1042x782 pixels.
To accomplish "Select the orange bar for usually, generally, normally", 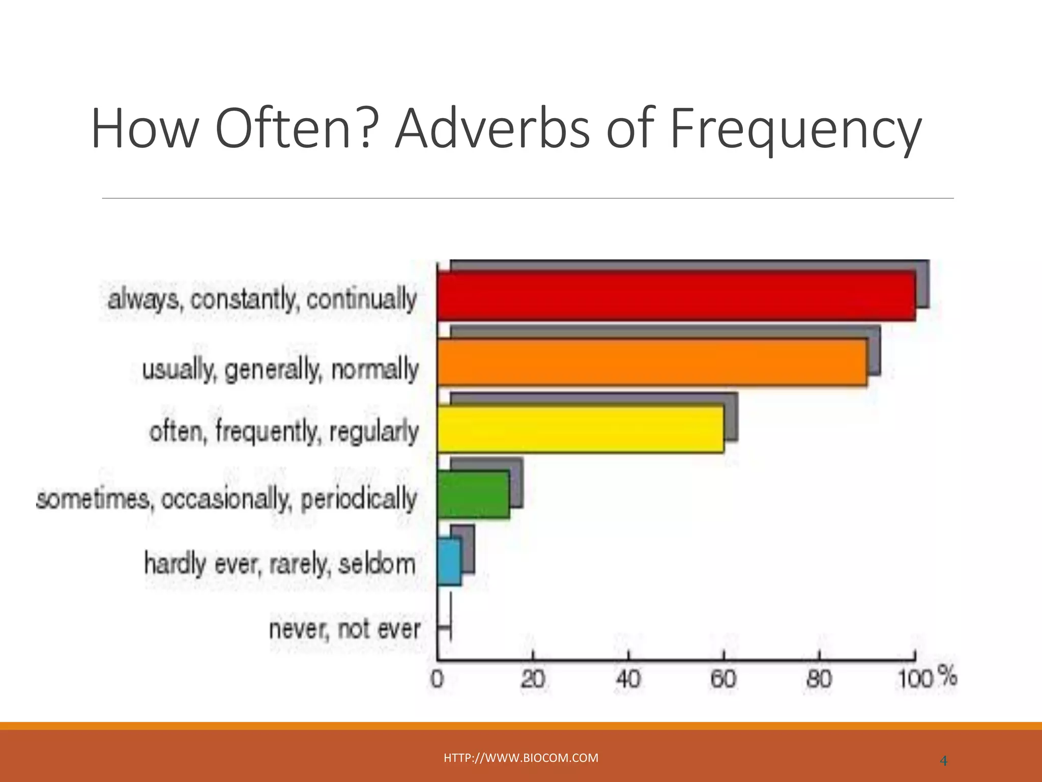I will point(651,362).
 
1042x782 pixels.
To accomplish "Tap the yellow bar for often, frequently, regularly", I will point(580,429).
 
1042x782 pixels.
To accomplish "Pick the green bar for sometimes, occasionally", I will point(473,494).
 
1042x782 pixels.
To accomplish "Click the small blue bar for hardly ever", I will point(449,562).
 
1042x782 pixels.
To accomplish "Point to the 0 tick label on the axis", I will point(438,680).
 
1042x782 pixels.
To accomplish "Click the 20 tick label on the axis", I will point(533,680).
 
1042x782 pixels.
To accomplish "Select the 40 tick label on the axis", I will point(628,680).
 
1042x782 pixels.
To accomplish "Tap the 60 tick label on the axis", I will point(723,680).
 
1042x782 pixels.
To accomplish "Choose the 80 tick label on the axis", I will point(819,680).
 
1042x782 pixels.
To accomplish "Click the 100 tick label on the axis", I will point(914,680).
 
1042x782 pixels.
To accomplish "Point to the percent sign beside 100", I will point(947,677).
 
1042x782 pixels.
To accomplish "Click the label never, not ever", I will point(344,629).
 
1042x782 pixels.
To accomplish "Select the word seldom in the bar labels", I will point(377,564).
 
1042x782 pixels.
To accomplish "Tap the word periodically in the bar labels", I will point(359,499).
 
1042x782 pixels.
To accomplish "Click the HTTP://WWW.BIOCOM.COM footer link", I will point(521,758).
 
